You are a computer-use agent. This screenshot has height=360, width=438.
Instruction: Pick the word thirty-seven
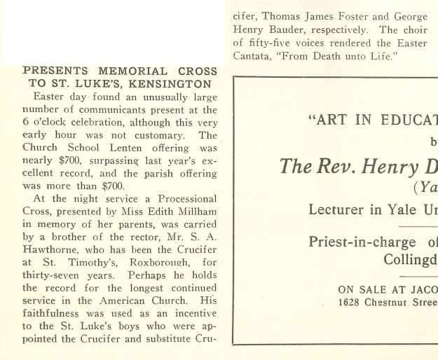coord(53,275)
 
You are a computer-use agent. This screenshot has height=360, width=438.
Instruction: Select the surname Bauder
coord(289,30)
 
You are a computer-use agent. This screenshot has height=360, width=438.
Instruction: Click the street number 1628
coord(352,302)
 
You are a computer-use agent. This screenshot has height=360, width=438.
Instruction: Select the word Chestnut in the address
coord(393,302)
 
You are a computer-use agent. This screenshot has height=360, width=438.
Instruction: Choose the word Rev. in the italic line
coord(341,167)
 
